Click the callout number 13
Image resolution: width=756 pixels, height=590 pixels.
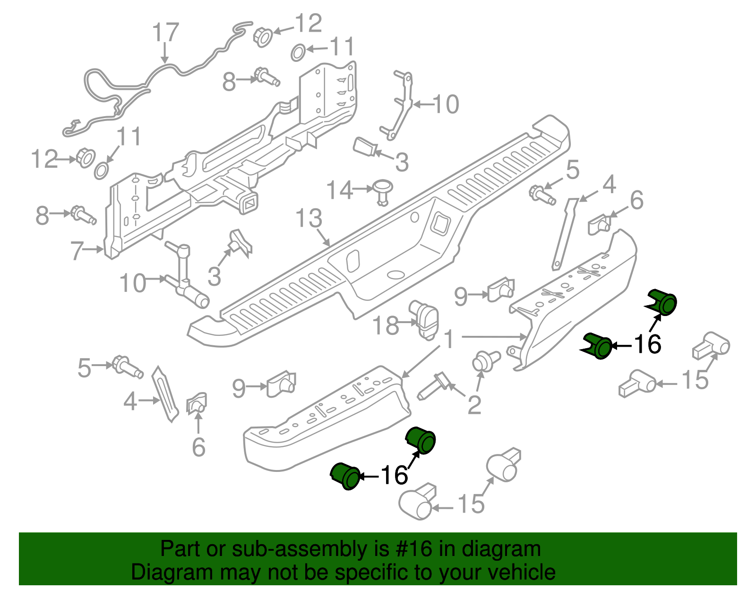(309, 218)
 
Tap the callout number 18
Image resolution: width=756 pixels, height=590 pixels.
(386, 325)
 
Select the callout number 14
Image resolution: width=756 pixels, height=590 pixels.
(340, 190)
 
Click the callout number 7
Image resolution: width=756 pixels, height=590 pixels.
(77, 250)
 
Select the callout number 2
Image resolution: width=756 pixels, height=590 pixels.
(474, 405)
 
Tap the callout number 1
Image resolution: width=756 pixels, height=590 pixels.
(449, 339)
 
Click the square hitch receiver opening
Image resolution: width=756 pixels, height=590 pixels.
(249, 203)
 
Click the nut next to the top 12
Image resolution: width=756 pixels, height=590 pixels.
(263, 36)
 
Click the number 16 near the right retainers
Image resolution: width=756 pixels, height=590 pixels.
(647, 344)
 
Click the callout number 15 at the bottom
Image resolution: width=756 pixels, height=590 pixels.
(471, 504)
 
